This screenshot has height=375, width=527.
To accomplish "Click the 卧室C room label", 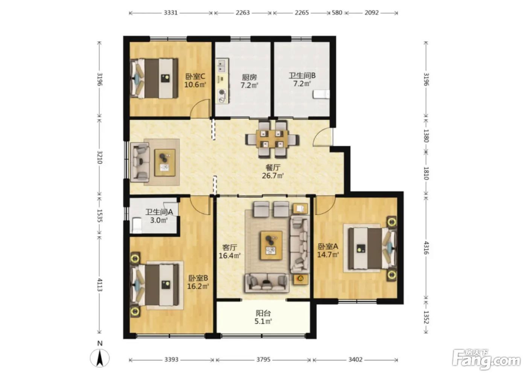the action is click(x=195, y=76).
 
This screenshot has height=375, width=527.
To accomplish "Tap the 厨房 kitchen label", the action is click(x=249, y=77).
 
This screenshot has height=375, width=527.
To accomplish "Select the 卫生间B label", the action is click(x=302, y=76).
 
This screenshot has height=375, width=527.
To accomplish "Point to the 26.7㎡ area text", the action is click(x=273, y=175).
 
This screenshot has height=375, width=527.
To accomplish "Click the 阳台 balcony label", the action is click(x=263, y=313).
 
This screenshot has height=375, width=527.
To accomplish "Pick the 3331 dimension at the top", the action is click(x=171, y=12).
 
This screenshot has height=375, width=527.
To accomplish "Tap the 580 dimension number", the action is click(x=337, y=12).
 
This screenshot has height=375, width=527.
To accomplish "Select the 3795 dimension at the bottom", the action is click(x=263, y=359).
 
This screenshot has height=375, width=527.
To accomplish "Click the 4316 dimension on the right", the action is click(x=426, y=248).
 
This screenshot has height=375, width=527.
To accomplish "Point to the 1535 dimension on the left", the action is click(x=100, y=216).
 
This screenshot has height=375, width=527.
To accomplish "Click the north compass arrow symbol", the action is click(x=100, y=358).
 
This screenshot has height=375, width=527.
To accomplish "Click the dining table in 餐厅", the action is click(x=272, y=139).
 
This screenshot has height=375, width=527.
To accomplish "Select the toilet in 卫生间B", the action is click(x=321, y=94).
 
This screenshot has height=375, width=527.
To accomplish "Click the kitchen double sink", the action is click(x=222, y=66).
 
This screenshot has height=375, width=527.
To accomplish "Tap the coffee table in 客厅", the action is click(x=271, y=245).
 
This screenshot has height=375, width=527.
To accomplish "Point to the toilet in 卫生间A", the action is click(x=136, y=226).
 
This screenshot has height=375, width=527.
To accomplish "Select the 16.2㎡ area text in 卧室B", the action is click(x=198, y=286).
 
